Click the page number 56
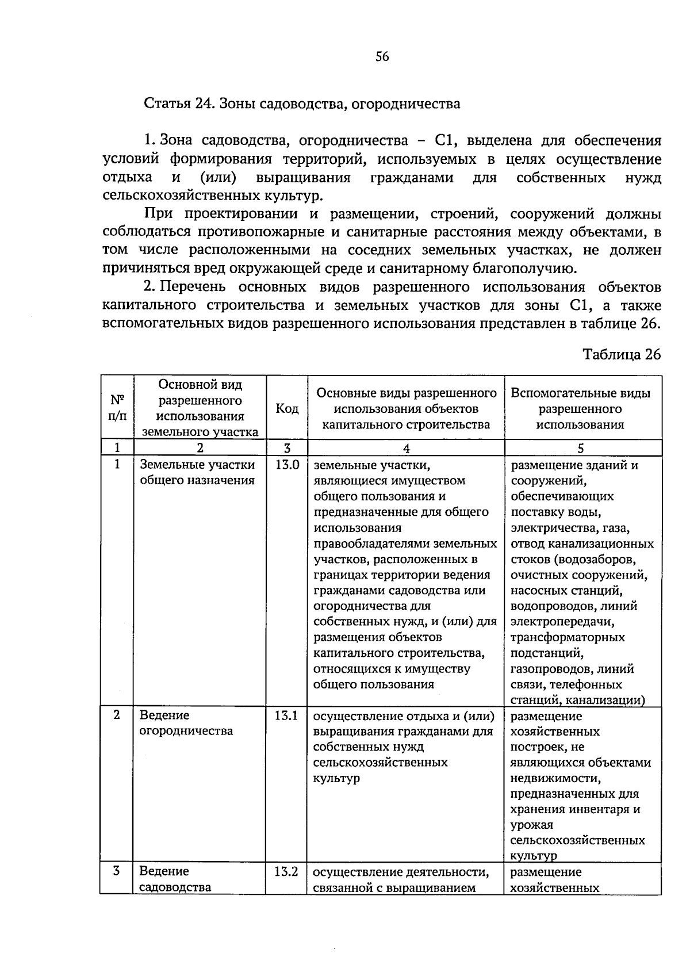click(x=382, y=56)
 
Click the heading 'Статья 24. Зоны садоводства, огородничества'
click(x=301, y=104)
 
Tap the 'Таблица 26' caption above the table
click(x=622, y=354)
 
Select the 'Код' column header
click(x=287, y=409)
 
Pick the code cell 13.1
click(x=286, y=715)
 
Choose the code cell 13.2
click(x=286, y=871)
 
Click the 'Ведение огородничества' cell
click(x=186, y=723)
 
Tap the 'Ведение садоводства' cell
click(x=175, y=879)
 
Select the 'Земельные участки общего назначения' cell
click(x=197, y=472)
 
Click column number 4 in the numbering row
click(x=406, y=448)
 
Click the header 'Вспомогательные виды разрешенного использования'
click(x=581, y=409)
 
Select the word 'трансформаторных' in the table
click(x=568, y=637)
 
